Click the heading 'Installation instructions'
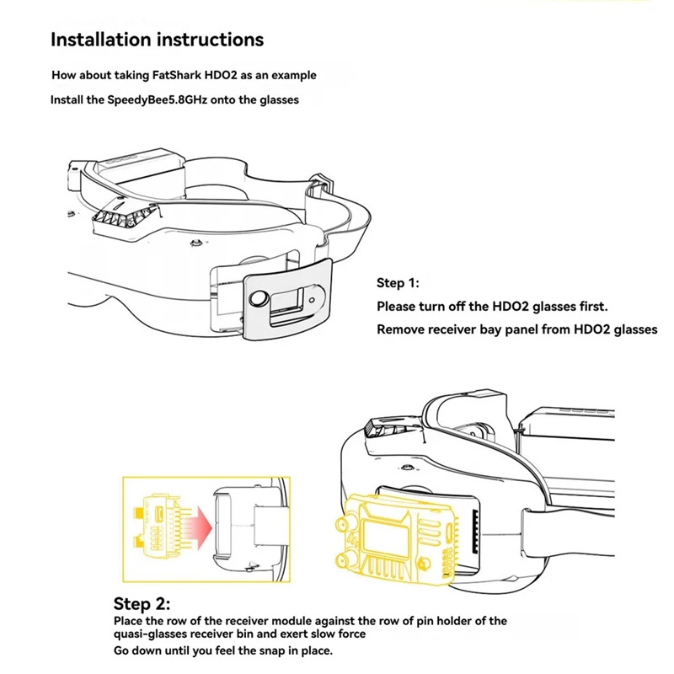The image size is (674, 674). click(157, 40)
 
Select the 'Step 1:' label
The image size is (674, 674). click(398, 283)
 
